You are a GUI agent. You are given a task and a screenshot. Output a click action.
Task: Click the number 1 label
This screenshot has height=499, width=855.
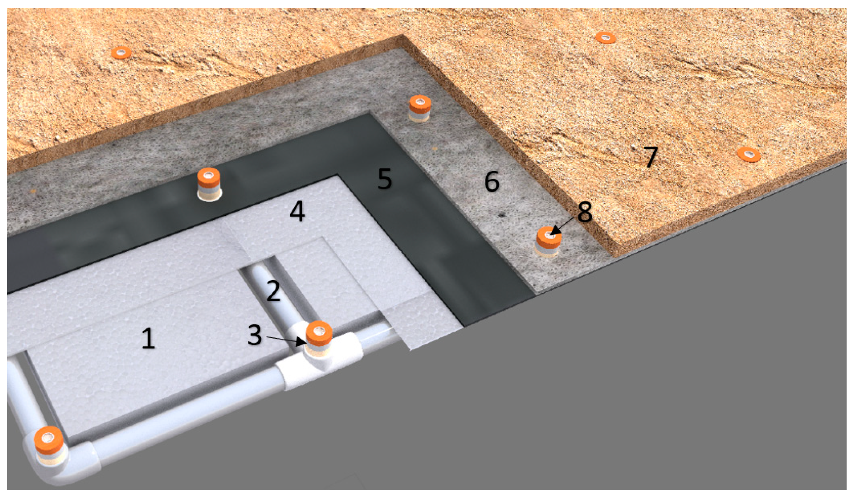pyautogui.click(x=148, y=339)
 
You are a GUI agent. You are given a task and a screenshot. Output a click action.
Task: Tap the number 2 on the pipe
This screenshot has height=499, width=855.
pyautogui.click(x=273, y=291)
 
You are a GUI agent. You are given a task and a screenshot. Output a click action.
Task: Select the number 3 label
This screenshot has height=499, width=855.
pyautogui.click(x=255, y=335)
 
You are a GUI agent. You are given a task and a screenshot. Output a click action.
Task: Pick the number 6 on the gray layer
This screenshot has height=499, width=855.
pyautogui.click(x=492, y=181)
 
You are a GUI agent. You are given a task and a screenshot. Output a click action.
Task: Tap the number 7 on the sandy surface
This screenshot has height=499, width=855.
pyautogui.click(x=650, y=157)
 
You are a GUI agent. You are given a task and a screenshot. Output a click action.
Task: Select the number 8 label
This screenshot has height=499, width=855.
pyautogui.click(x=585, y=213)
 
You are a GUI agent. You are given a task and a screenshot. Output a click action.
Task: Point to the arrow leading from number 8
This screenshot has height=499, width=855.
pyautogui.click(x=563, y=225)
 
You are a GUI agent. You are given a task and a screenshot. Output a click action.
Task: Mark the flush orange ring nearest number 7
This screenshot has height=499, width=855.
pyautogui.click(x=748, y=154)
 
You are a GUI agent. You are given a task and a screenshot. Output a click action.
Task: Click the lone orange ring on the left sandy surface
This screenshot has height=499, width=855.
pyautogui.click(x=121, y=52)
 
